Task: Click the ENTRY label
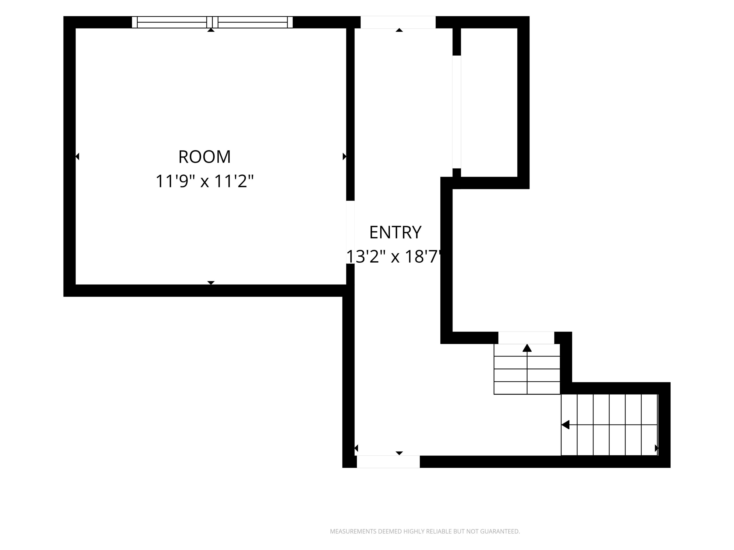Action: tap(395, 232)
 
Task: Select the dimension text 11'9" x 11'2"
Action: tap(204, 182)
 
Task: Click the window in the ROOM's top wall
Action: tap(212, 22)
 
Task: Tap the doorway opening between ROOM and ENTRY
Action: tap(350, 232)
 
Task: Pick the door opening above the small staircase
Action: tap(526, 338)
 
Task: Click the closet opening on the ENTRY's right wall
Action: tap(457, 112)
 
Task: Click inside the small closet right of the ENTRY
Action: tap(489, 103)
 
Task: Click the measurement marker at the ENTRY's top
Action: tap(399, 30)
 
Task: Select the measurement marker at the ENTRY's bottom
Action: tap(399, 453)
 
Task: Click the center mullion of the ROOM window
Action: tap(212, 22)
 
